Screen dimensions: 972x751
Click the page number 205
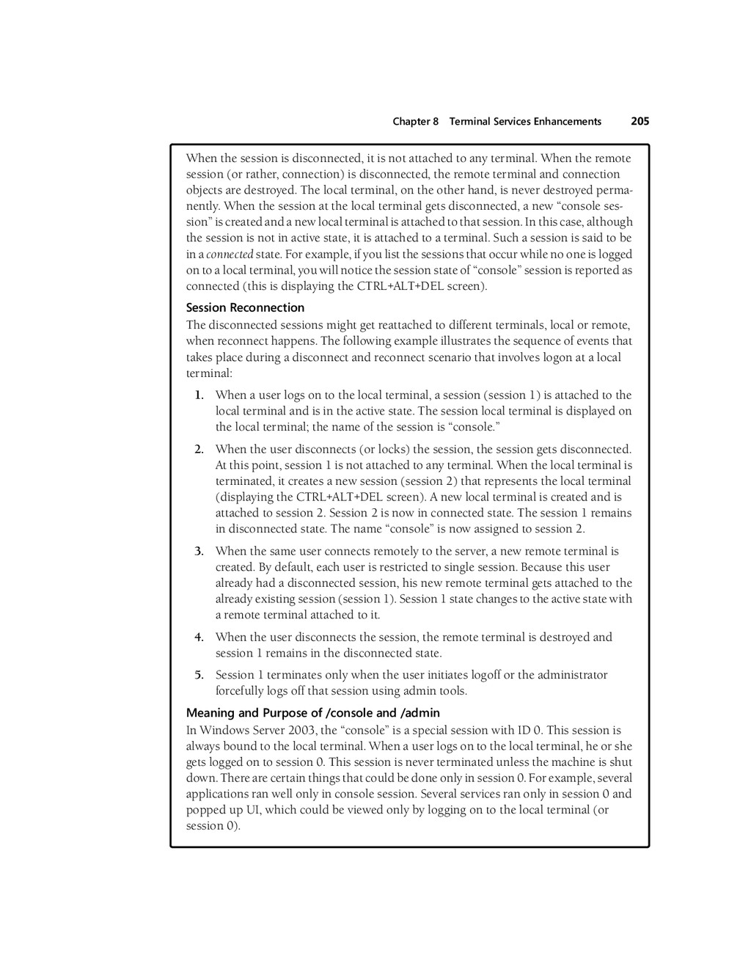point(640,121)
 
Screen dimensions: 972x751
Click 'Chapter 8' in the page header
point(415,122)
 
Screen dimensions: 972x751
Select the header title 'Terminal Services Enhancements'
point(525,122)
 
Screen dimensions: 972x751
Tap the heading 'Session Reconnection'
point(245,307)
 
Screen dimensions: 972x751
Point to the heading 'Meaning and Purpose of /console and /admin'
point(313,712)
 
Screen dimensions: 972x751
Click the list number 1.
point(199,395)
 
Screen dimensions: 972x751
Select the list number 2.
point(199,449)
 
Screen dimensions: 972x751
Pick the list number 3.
point(199,551)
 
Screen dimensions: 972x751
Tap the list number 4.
point(199,637)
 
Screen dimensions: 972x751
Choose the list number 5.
point(199,675)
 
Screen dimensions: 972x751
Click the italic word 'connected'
point(230,255)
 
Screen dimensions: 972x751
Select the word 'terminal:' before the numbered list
point(209,373)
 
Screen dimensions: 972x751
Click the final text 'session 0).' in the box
point(213,826)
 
